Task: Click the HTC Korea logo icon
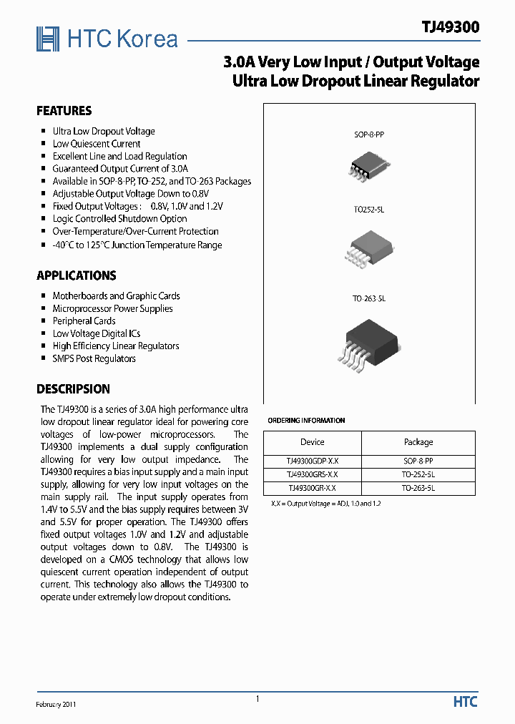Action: [48, 39]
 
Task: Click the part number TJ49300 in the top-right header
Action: [450, 27]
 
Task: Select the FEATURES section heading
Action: [64, 111]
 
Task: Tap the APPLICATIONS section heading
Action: [76, 275]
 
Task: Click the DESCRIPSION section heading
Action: [73, 389]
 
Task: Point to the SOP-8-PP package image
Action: [369, 165]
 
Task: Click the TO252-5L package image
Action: [369, 249]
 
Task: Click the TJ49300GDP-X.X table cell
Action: [313, 461]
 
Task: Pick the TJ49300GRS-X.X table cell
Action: [313, 474]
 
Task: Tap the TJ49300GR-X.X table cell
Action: [313, 488]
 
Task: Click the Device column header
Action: [313, 442]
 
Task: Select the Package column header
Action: [418, 442]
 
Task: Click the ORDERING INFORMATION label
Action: [306, 421]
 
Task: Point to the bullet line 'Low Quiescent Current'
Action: [97, 144]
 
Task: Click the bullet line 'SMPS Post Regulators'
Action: [94, 358]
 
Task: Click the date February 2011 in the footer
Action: [57, 704]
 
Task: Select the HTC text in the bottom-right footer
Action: [465, 702]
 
